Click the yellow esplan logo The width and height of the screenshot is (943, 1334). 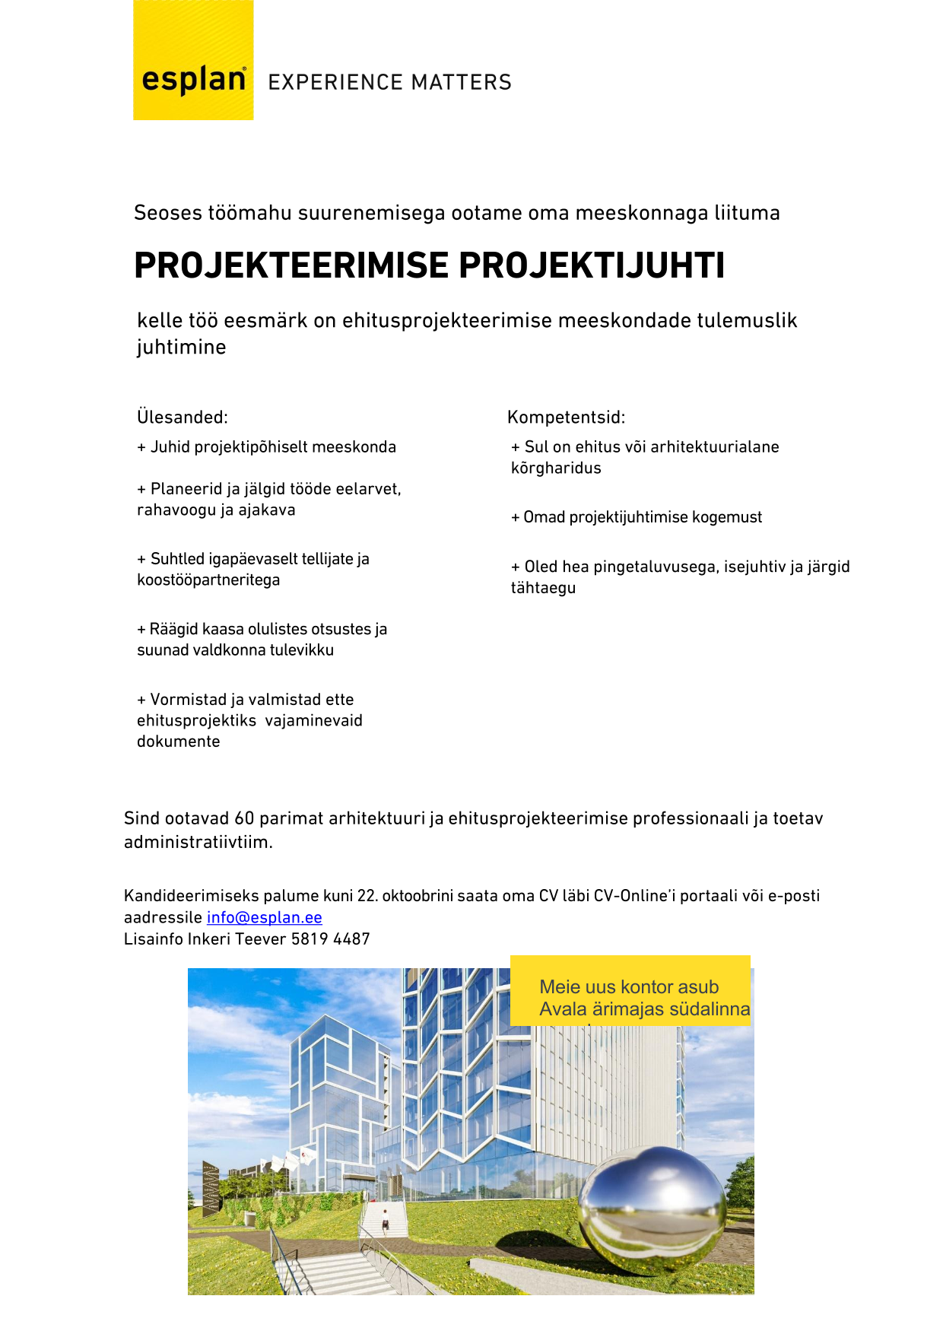coord(193,61)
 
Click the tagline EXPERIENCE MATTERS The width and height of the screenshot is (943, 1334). coord(389,82)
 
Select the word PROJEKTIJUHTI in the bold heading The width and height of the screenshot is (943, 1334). coord(591,265)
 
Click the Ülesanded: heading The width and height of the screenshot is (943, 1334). coord(183,417)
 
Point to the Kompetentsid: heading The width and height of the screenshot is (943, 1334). coord(566,417)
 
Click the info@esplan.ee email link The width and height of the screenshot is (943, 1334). coord(264,917)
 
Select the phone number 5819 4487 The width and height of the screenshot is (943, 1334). coord(330,939)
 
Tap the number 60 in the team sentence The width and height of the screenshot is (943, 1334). coord(244,818)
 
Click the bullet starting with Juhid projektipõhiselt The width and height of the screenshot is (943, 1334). coord(266,446)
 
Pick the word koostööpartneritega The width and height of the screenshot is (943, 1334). coord(208,580)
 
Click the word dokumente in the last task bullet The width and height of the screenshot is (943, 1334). coord(179,741)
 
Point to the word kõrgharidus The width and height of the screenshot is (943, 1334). coord(556,468)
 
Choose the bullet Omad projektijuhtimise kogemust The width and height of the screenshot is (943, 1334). coord(637,517)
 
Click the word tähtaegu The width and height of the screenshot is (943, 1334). coord(543,587)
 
